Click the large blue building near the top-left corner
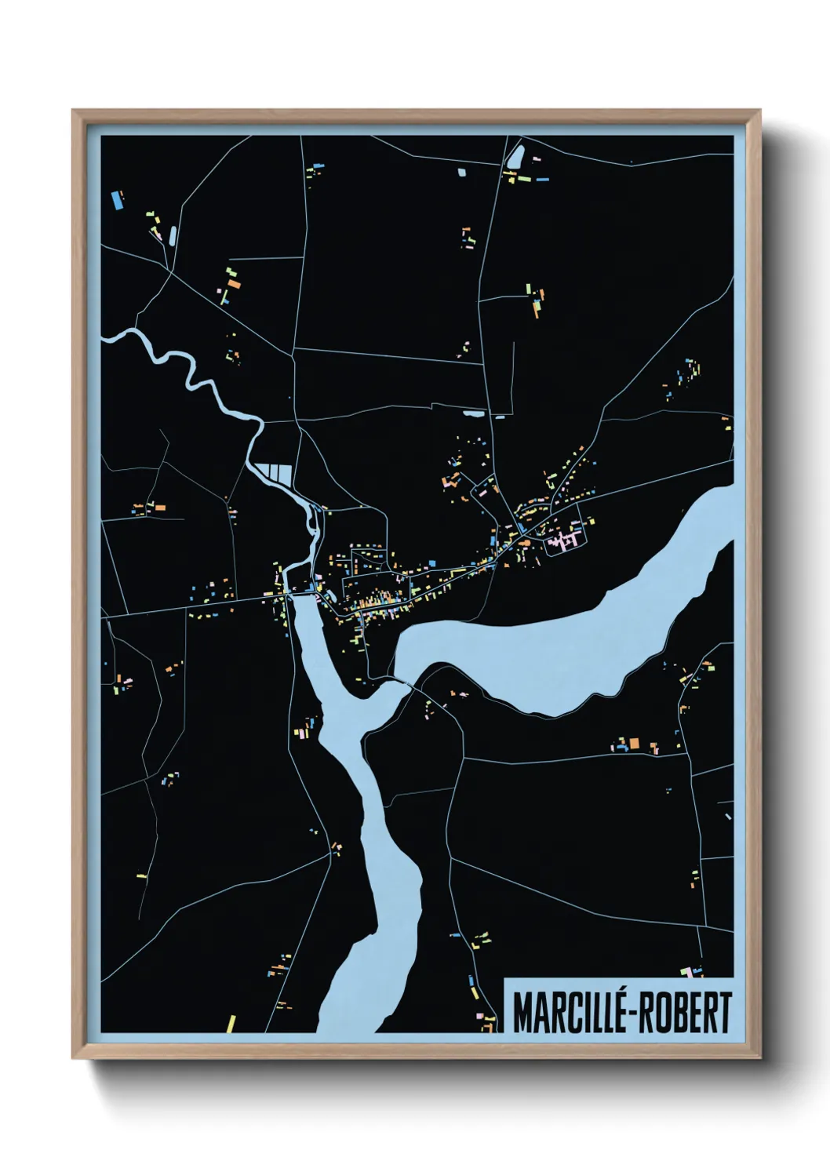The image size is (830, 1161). click(x=118, y=199)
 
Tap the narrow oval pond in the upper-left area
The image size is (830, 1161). click(x=172, y=235)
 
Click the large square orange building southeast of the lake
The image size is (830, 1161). click(x=635, y=743)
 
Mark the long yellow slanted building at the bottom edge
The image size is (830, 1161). click(x=231, y=1024)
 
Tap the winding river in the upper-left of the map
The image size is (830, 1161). click(x=188, y=369)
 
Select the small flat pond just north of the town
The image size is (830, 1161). click(x=473, y=413)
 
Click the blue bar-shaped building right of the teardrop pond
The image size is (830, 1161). click(x=542, y=180)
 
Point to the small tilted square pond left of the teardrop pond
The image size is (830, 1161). click(x=461, y=169)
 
